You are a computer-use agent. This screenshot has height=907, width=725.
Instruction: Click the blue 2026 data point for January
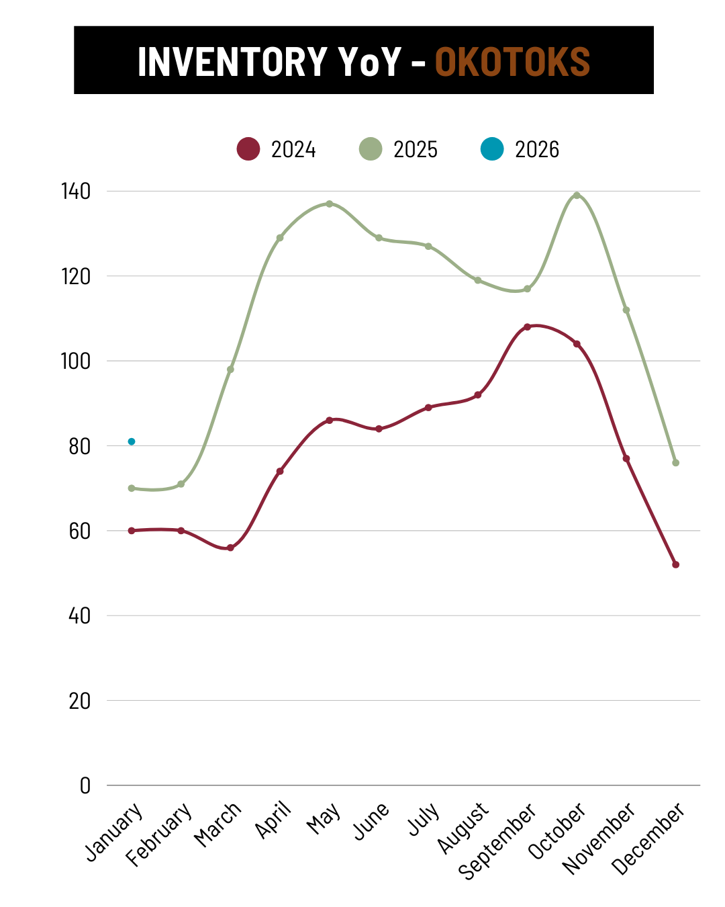tap(132, 441)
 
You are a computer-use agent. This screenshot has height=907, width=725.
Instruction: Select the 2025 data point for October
tap(577, 196)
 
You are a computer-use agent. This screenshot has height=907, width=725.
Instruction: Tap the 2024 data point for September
tap(527, 327)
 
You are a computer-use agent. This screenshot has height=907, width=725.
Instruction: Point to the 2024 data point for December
tap(675, 564)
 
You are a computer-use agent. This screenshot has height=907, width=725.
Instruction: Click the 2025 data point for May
tap(330, 204)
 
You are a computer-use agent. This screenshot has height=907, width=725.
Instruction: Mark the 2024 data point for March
tap(230, 548)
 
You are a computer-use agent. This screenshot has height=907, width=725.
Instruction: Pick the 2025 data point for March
tap(230, 370)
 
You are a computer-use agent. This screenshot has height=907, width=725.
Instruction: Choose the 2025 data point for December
tap(675, 463)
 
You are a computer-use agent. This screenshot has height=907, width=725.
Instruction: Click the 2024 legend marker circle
tap(248, 148)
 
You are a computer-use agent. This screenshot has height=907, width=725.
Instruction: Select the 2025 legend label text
tap(415, 149)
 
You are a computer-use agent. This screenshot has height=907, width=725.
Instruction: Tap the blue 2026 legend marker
tap(492, 148)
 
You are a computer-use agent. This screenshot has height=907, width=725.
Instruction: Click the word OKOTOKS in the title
tap(512, 61)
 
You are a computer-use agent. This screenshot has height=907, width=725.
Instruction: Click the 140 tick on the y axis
tap(76, 191)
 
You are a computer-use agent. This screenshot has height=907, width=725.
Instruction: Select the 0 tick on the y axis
tap(85, 785)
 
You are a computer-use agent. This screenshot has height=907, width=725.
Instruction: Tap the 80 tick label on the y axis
tap(79, 446)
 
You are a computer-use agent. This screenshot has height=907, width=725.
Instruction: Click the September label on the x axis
tap(498, 840)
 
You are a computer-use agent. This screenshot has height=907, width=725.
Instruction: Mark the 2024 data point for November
tap(626, 458)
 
